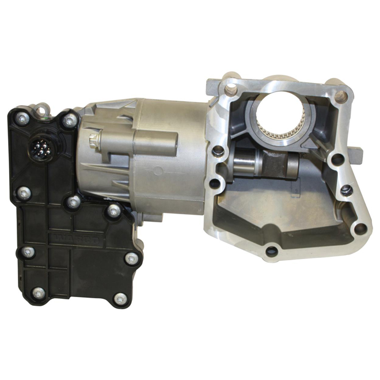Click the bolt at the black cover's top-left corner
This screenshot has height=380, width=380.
pyautogui.click(x=22, y=118)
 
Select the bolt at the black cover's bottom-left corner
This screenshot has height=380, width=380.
pyautogui.click(x=38, y=292)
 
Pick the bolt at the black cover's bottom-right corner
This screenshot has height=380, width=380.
pyautogui.click(x=120, y=299)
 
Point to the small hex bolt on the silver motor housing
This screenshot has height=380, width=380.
pyautogui.click(x=94, y=139)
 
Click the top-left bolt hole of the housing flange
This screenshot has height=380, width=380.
pyautogui.click(x=231, y=88)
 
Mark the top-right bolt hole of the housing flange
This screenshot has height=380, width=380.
pyautogui.click(x=340, y=96)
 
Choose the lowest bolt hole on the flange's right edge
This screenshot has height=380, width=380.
pyautogui.click(x=360, y=228)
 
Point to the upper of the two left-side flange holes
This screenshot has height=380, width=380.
pyautogui.click(x=218, y=152)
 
